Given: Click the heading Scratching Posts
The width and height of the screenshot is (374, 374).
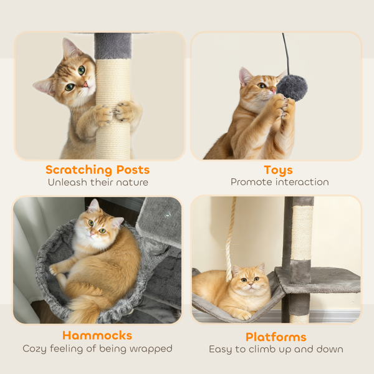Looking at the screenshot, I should (x=97, y=170).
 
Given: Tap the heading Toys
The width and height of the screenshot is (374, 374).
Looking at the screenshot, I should (x=278, y=170).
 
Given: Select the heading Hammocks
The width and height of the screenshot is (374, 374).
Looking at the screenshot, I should (x=97, y=335).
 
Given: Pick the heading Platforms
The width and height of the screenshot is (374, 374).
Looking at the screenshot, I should (x=276, y=337).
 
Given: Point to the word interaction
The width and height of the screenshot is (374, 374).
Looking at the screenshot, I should (x=302, y=183).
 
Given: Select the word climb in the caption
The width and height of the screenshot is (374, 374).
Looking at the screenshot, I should (x=267, y=350).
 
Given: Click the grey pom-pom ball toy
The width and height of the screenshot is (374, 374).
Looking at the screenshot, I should (x=292, y=87).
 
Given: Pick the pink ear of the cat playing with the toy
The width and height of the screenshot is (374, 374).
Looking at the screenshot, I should (x=245, y=76).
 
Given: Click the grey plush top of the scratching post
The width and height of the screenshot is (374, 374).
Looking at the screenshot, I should (x=113, y=46).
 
